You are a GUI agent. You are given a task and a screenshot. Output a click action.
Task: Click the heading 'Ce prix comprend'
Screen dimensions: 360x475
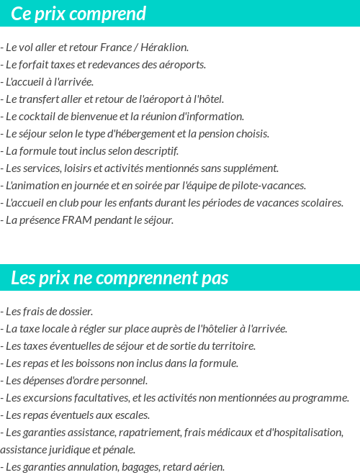(78, 14)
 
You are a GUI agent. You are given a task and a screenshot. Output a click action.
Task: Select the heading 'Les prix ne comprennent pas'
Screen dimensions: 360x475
(120, 278)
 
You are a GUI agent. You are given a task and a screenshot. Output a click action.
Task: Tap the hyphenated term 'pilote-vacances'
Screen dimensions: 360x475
(269, 186)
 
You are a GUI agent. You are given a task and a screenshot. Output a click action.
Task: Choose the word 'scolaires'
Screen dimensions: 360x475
(320, 203)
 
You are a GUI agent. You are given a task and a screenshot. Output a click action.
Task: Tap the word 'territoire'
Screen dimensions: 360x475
(231, 346)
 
